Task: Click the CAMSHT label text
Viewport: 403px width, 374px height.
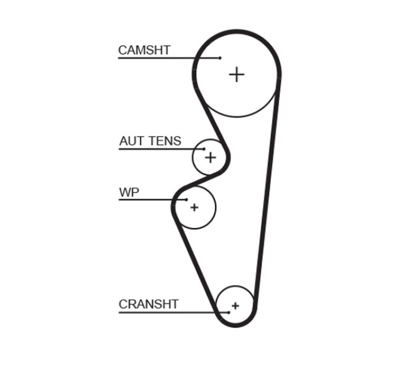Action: tap(144, 50)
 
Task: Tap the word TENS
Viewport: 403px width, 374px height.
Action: tap(165, 141)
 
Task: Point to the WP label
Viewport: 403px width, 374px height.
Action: tap(129, 192)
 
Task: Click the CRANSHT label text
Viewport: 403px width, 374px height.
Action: tap(149, 304)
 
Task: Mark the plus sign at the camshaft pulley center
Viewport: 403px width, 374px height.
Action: tap(236, 75)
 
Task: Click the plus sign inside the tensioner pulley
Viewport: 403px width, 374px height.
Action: tap(210, 157)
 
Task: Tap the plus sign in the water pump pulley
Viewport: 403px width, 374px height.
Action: tap(194, 207)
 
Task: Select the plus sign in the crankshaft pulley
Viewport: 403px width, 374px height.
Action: tap(235, 306)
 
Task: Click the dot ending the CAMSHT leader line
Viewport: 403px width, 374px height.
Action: tap(220, 58)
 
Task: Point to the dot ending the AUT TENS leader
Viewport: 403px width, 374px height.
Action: tap(204, 149)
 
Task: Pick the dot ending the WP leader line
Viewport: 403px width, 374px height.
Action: tap(187, 199)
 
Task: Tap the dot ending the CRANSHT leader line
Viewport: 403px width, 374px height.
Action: tap(229, 312)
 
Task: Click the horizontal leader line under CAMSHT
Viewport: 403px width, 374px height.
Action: tap(168, 58)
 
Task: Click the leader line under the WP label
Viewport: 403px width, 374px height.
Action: tap(152, 199)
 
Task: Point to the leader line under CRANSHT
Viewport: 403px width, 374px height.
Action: tap(173, 313)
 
